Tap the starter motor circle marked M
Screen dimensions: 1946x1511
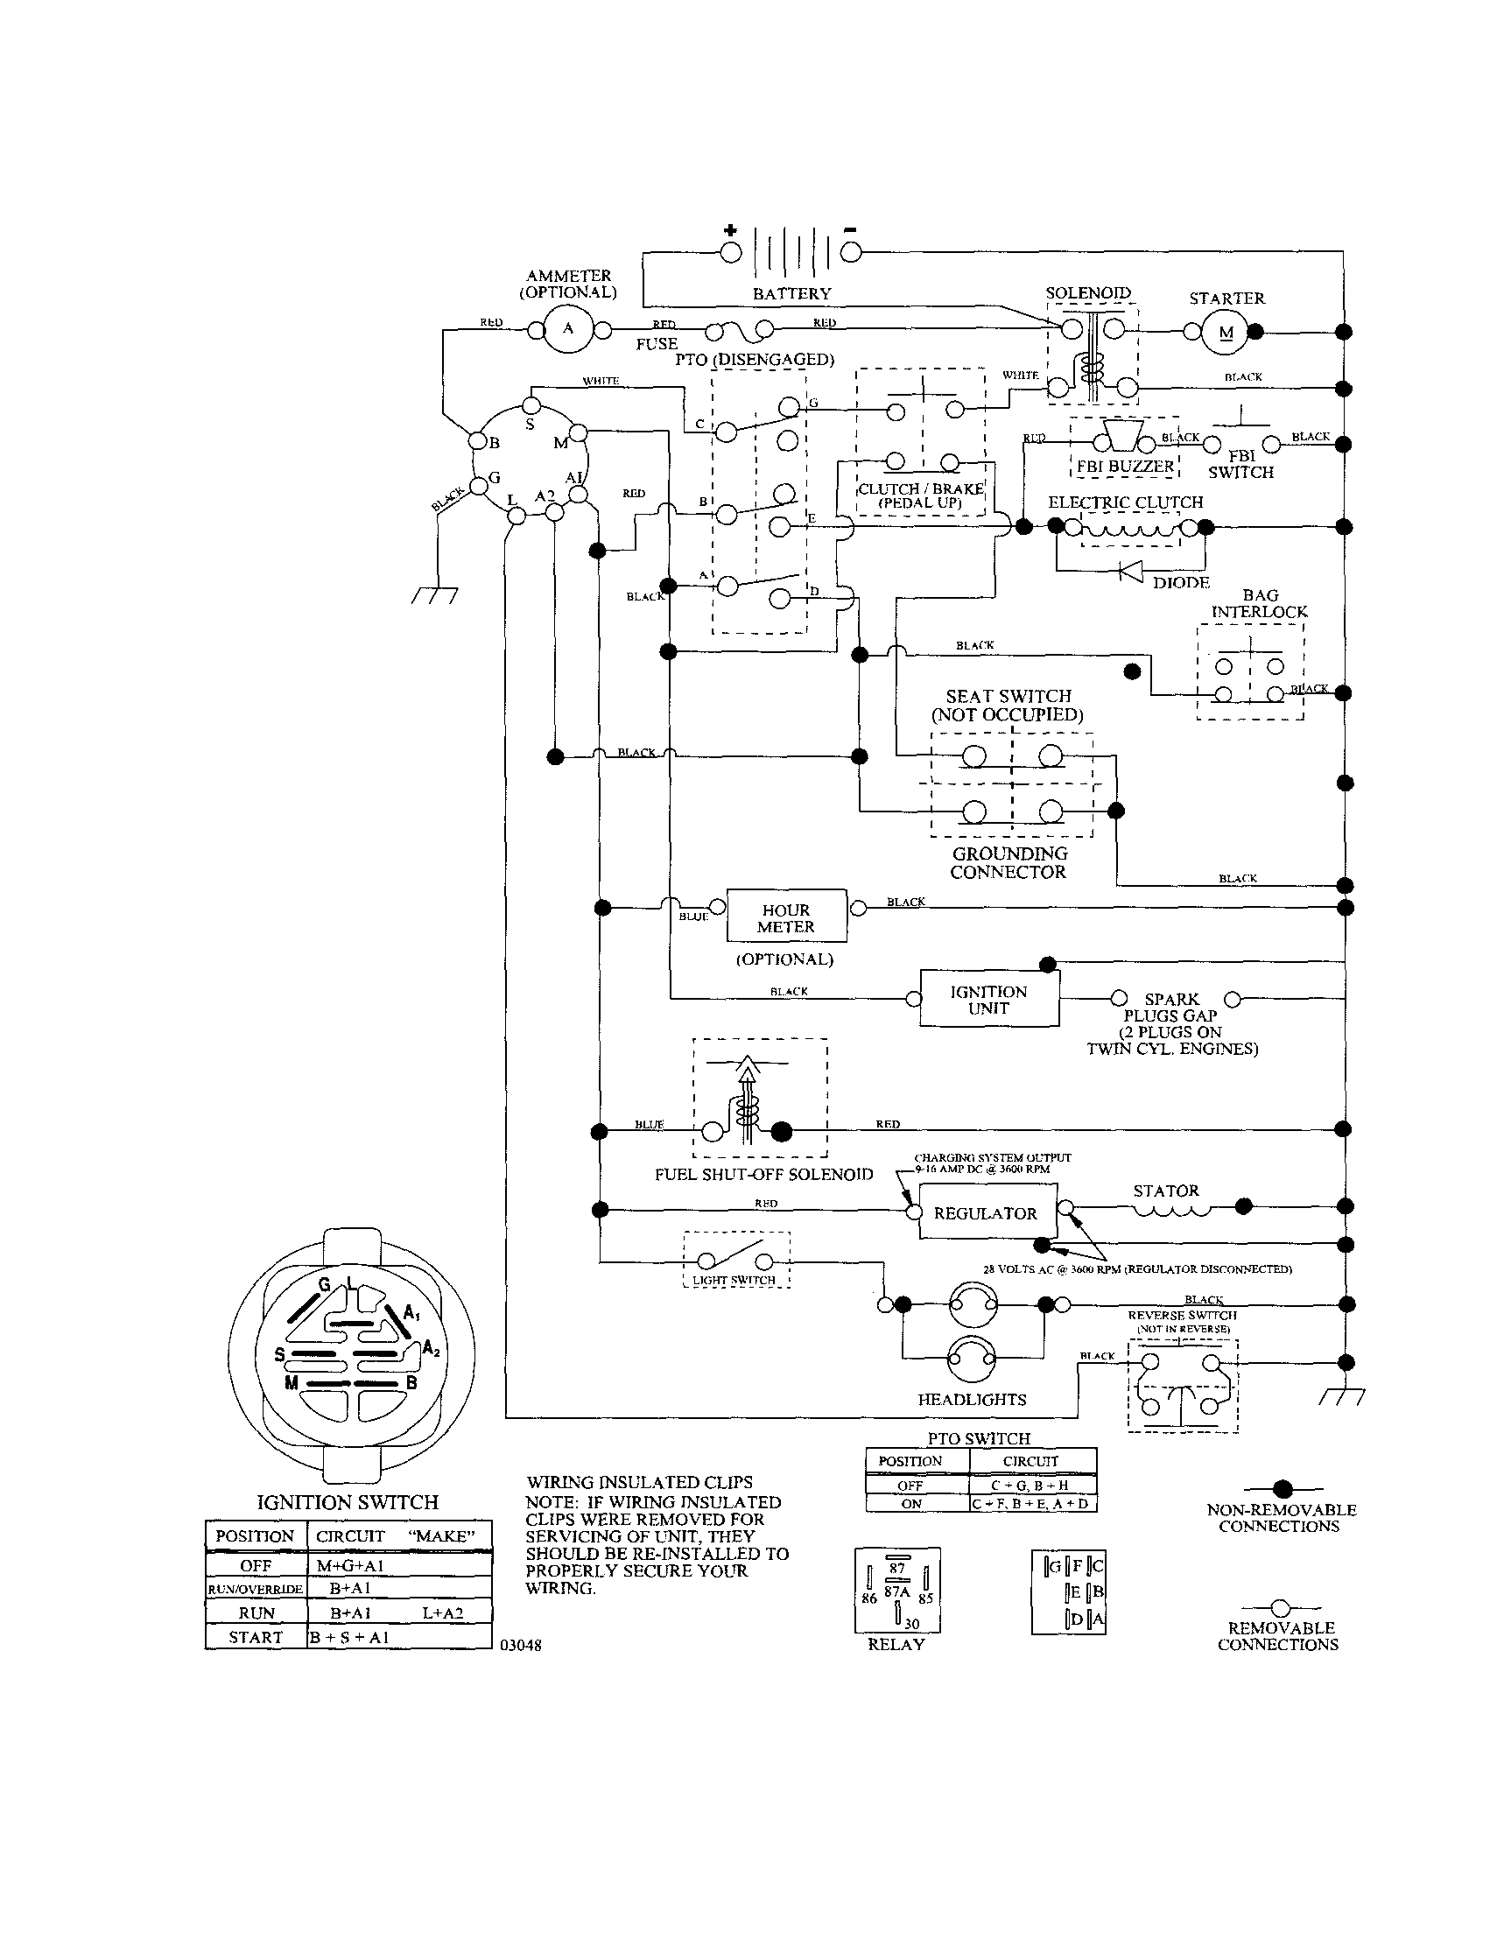(1226, 333)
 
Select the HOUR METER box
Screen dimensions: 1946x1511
(786, 917)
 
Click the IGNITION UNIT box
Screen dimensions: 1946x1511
(988, 1000)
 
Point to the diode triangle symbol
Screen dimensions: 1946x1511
(1131, 571)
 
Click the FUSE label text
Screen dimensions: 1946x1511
(657, 344)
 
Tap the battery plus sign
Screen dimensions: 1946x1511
(731, 231)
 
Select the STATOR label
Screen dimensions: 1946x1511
(1165, 1191)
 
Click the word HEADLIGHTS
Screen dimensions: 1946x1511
(972, 1400)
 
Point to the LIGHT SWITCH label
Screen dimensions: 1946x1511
(734, 1281)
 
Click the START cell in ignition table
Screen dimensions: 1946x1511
(256, 1637)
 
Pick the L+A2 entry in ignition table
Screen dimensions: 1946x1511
(443, 1612)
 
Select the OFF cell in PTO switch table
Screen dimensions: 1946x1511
(910, 1486)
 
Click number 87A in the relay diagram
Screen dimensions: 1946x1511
(896, 1591)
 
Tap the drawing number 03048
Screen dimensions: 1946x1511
(521, 1646)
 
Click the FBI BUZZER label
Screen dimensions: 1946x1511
(1125, 466)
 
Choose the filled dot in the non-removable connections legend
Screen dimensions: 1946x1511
(1282, 1488)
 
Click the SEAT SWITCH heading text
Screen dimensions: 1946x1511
(1008, 696)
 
